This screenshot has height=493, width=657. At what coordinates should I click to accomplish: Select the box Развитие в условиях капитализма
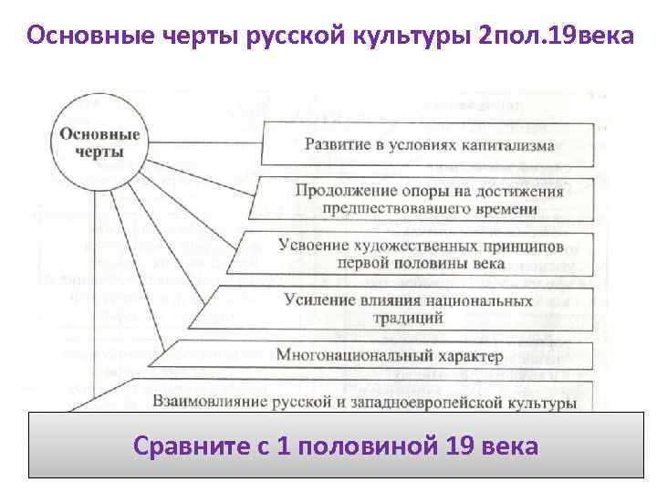[x=429, y=145]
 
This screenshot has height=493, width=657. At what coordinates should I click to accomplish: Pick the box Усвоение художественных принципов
[x=420, y=254]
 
